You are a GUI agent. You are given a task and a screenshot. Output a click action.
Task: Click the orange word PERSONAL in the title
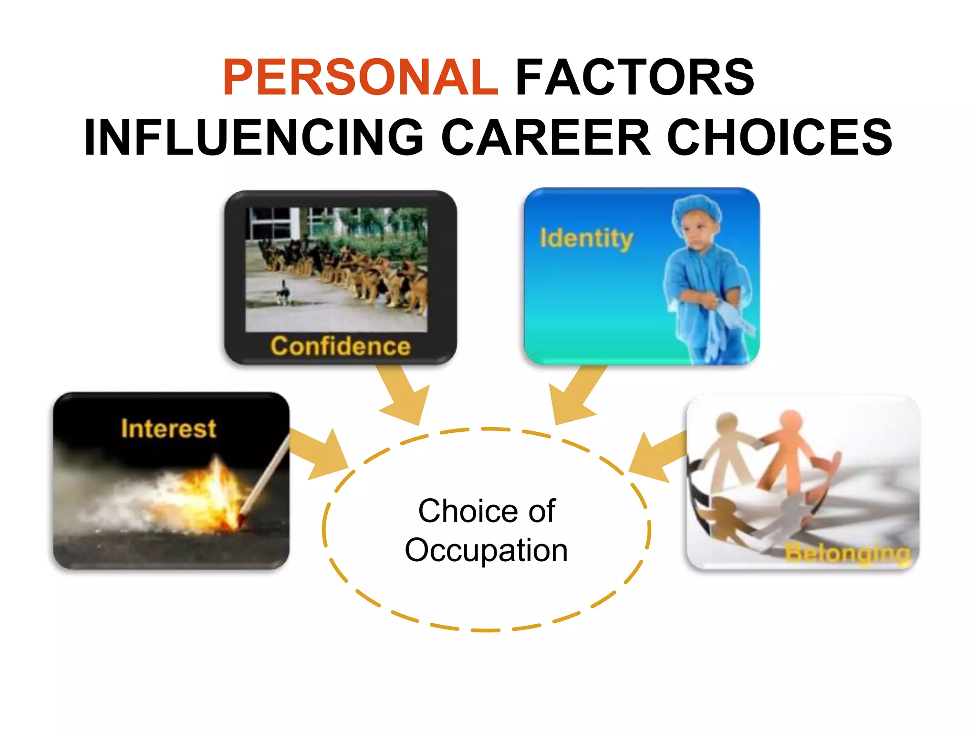361,77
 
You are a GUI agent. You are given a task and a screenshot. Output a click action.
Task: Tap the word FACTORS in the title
634,77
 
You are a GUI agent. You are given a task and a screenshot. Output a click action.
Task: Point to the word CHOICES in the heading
780,137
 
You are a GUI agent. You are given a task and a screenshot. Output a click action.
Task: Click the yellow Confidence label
340,346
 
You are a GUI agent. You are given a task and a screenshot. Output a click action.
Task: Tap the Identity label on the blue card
586,238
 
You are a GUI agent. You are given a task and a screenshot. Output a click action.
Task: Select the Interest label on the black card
168,428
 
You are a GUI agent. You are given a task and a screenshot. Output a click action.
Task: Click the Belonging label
847,554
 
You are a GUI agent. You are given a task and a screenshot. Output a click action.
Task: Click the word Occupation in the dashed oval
486,550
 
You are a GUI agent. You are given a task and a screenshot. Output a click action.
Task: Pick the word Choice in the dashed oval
460,511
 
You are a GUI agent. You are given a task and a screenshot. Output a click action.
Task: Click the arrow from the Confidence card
403,396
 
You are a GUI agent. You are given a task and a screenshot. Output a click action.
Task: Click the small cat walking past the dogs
283,293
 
